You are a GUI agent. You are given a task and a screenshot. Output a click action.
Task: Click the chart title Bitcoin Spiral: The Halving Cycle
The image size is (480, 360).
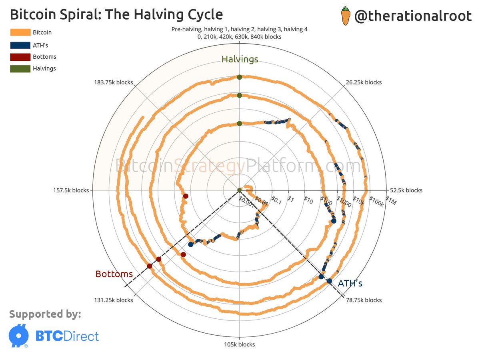tap(116, 15)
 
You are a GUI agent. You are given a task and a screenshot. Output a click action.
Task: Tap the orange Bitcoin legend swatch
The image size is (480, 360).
tap(20, 32)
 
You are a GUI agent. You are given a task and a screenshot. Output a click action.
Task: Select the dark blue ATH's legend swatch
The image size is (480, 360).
tap(20, 45)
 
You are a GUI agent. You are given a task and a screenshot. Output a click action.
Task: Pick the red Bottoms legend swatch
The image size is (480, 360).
tap(20, 57)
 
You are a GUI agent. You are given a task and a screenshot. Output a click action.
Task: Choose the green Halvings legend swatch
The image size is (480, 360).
tap(20, 68)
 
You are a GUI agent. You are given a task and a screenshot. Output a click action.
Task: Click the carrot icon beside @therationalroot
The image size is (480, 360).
tap(345, 16)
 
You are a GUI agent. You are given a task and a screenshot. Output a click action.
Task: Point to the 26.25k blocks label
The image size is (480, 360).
tap(363, 82)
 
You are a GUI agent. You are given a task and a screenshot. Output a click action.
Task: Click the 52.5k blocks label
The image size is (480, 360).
tap(406, 190)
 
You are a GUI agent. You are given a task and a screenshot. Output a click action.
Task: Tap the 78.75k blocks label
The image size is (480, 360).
tap(363, 300)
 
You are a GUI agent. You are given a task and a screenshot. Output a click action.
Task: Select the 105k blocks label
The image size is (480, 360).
tap(239, 344)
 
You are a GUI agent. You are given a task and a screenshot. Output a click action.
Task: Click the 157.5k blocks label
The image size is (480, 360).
tap(71, 190)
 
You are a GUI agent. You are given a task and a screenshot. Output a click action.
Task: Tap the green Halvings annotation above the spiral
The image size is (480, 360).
tap(240, 60)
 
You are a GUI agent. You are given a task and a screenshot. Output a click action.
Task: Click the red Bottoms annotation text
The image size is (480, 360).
tap(114, 274)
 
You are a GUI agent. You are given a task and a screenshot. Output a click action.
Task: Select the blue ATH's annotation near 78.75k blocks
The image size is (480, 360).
tap(350, 284)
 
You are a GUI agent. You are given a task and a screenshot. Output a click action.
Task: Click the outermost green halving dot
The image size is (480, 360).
tap(239, 77)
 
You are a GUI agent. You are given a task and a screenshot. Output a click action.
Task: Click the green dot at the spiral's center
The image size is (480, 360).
tap(239, 190)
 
